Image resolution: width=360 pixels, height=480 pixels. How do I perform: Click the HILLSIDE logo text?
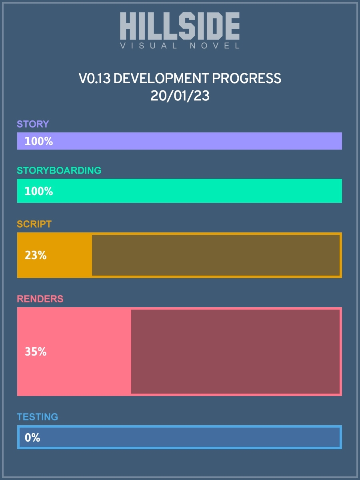pyautogui.click(x=180, y=26)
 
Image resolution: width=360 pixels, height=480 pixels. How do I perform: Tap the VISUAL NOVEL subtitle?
pyautogui.click(x=180, y=46)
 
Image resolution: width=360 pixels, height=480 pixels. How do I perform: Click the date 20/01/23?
pyautogui.click(x=180, y=96)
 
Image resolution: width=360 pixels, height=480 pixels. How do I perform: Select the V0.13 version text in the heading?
pyautogui.click(x=95, y=78)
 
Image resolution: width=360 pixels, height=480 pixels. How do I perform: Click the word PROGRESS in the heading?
pyautogui.click(x=246, y=78)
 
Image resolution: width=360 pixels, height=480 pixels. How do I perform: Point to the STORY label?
pyautogui.click(x=33, y=124)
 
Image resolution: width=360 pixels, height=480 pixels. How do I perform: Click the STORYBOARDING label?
pyautogui.click(x=59, y=170)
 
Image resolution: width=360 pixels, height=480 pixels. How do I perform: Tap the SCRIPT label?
pyautogui.click(x=34, y=224)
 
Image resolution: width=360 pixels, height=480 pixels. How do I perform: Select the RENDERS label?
pyautogui.click(x=40, y=299)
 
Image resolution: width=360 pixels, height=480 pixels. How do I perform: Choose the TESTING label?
pyautogui.click(x=37, y=417)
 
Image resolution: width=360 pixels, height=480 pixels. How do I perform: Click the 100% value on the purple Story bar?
pyautogui.click(x=39, y=141)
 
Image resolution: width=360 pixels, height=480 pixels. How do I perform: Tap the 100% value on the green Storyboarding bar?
pyautogui.click(x=39, y=191)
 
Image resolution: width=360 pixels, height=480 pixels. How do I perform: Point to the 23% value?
pyautogui.click(x=36, y=255)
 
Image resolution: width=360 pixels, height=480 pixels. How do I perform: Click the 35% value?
pyautogui.click(x=36, y=352)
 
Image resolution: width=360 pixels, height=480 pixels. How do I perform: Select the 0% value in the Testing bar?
pyautogui.click(x=32, y=437)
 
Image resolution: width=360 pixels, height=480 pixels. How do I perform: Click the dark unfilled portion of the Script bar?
pyautogui.click(x=216, y=255)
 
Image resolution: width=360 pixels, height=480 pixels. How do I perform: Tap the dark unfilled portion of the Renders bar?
pyautogui.click(x=236, y=352)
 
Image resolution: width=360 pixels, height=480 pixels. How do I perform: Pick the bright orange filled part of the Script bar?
pyautogui.click(x=55, y=255)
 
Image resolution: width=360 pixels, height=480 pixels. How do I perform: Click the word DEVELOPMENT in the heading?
pyautogui.click(x=161, y=78)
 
